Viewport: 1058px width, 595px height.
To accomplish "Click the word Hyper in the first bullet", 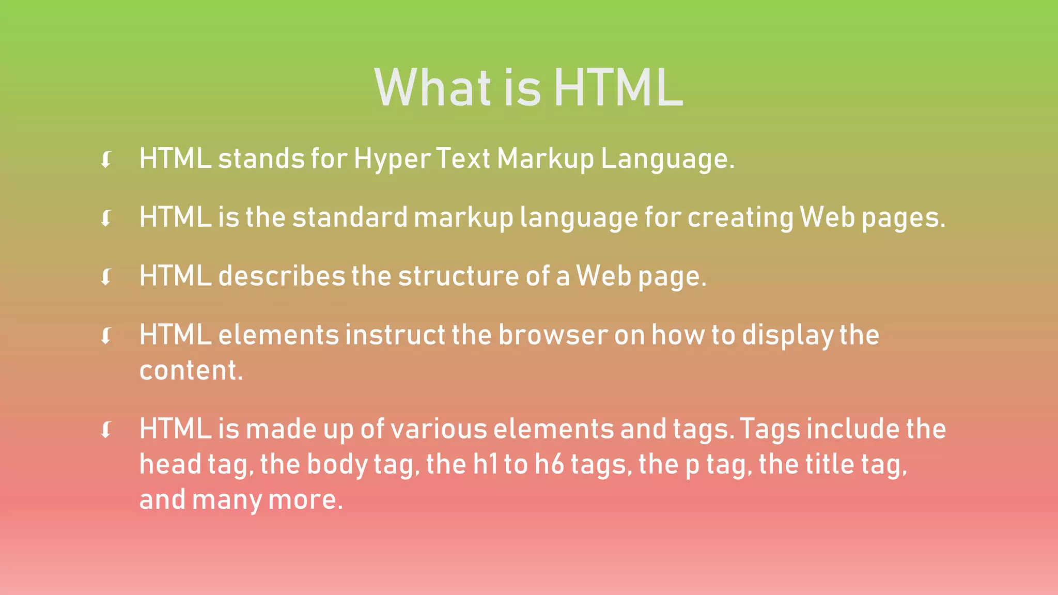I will (x=392, y=159).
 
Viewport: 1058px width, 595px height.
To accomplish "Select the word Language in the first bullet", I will (x=667, y=159).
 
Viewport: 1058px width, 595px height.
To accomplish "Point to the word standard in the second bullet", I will (x=350, y=217).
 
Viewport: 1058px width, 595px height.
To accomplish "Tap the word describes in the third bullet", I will (x=282, y=276).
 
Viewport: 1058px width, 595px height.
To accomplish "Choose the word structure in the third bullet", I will (x=459, y=276).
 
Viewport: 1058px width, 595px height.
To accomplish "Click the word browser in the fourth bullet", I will (x=553, y=335).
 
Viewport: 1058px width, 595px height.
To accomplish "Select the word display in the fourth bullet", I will (x=787, y=336).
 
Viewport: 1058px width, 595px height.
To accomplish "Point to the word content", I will (x=191, y=370).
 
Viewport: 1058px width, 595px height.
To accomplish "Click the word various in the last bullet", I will (x=439, y=429).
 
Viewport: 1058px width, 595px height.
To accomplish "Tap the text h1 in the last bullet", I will (x=485, y=464).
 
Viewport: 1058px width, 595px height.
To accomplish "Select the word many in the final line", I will (x=227, y=500).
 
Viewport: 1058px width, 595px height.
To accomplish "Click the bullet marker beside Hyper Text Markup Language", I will (x=106, y=160).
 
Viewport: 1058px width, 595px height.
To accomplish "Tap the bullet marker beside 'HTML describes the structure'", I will (x=106, y=277).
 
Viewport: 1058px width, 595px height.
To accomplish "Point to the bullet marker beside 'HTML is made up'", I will (x=106, y=430).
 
